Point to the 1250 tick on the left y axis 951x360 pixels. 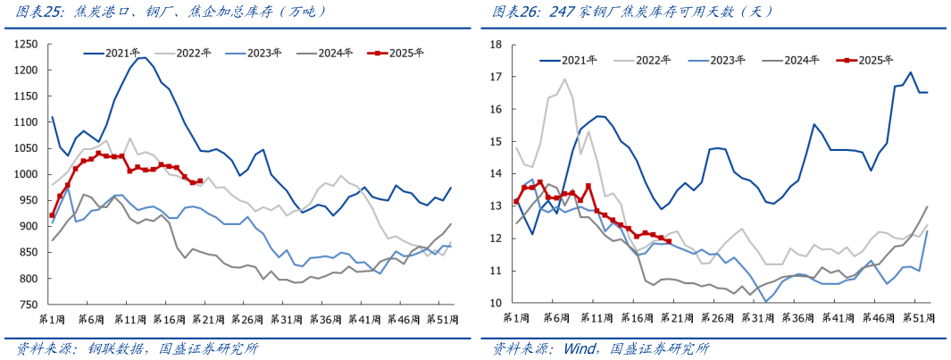tap(26, 44)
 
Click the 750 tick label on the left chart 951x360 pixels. tap(29, 305)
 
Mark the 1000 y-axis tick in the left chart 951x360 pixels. tap(26, 174)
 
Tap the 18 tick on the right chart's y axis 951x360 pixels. tap(496, 44)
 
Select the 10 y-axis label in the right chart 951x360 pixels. tap(496, 303)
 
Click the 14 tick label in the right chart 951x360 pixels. tap(496, 173)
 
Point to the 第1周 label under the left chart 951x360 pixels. tap(52, 319)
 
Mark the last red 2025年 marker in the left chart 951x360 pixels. tap(201, 180)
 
